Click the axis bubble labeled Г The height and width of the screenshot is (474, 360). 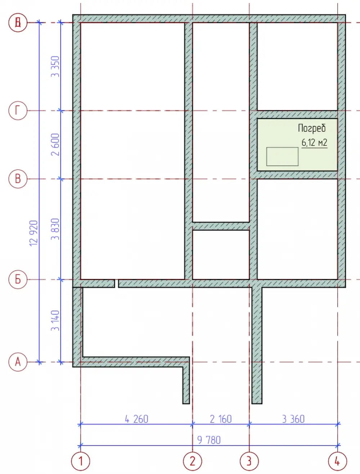[x=18, y=111]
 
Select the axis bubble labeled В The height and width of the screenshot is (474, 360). [x=18, y=179]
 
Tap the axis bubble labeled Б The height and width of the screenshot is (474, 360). [x=18, y=279]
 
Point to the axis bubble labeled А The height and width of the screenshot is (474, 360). [x=18, y=362]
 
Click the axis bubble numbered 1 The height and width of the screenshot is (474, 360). [x=81, y=461]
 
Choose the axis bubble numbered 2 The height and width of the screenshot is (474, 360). [x=192, y=461]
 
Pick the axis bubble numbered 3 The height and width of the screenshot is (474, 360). [x=249, y=461]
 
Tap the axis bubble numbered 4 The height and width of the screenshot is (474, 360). [x=338, y=461]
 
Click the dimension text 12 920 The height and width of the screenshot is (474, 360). [x=34, y=233]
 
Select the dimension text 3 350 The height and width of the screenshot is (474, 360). [x=55, y=67]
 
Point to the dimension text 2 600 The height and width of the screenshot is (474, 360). [x=55, y=145]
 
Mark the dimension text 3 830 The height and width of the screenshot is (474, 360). [x=55, y=229]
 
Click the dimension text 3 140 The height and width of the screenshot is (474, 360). [x=55, y=321]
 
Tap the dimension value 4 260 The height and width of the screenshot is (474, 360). [x=137, y=419]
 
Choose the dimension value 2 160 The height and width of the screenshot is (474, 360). [x=221, y=419]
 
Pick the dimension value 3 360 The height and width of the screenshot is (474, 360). [x=293, y=419]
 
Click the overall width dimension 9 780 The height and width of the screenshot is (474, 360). [x=209, y=440]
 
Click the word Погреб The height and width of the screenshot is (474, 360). [x=312, y=128]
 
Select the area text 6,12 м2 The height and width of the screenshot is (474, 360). [x=314, y=143]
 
